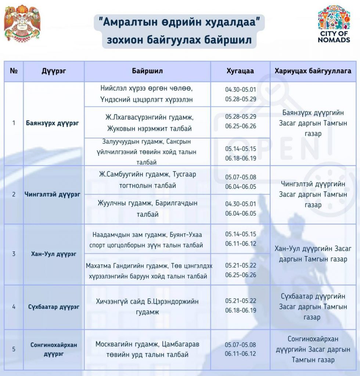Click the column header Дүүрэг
click(x=54, y=71)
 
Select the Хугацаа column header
click(x=240, y=71)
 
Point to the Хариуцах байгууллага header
click(x=313, y=71)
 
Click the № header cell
click(x=14, y=71)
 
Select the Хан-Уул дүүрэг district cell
click(x=54, y=254)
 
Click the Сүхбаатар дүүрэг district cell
click(x=54, y=307)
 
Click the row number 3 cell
click(x=14, y=254)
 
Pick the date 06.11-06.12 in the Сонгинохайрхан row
click(x=241, y=354)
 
